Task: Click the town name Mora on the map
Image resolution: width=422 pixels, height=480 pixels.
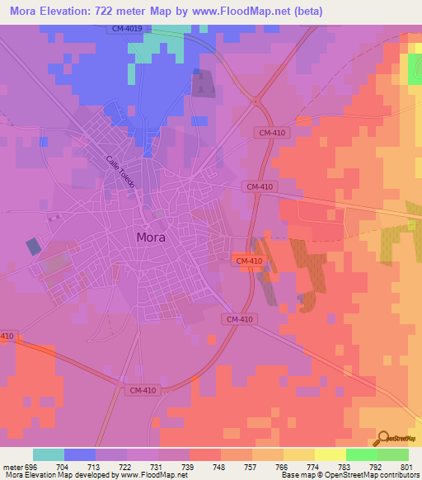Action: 150,237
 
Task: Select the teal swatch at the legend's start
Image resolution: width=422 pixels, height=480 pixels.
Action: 49,454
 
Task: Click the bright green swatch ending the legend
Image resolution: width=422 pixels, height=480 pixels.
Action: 393,454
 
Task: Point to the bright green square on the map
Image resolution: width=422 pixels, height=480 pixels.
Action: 415,69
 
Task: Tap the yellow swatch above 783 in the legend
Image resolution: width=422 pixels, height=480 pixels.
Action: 331,454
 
